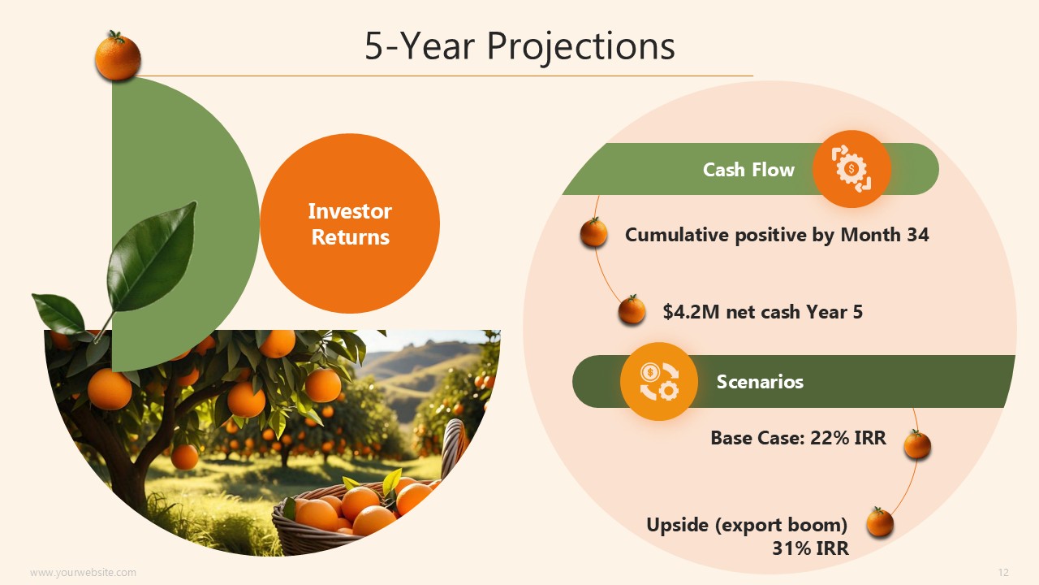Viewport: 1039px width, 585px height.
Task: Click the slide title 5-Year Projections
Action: [x=519, y=46]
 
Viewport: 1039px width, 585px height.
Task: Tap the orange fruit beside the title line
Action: [x=118, y=56]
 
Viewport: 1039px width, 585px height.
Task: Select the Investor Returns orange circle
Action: [x=350, y=223]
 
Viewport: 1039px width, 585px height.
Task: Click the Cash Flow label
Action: [x=748, y=170]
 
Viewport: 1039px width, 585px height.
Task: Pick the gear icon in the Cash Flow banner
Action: [x=851, y=168]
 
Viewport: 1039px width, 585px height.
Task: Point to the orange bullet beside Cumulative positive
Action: [x=593, y=232]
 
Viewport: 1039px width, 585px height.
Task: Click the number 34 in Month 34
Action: [x=918, y=235]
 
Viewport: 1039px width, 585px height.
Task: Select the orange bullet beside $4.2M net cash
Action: [x=632, y=310]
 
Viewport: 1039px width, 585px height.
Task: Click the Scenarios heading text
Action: [x=760, y=382]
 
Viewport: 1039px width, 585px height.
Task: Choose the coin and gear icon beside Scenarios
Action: [x=659, y=381]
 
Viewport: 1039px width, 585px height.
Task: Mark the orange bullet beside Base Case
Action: [x=917, y=444]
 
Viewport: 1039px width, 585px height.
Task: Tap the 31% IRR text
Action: [x=810, y=548]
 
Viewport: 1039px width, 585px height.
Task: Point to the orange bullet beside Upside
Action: [x=880, y=522]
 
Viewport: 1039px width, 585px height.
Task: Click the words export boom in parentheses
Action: [x=782, y=526]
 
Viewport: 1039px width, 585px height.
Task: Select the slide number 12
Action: [x=1003, y=572]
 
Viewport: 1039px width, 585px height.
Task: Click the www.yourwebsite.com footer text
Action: [x=83, y=573]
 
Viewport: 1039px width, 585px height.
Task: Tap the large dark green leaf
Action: [x=151, y=257]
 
